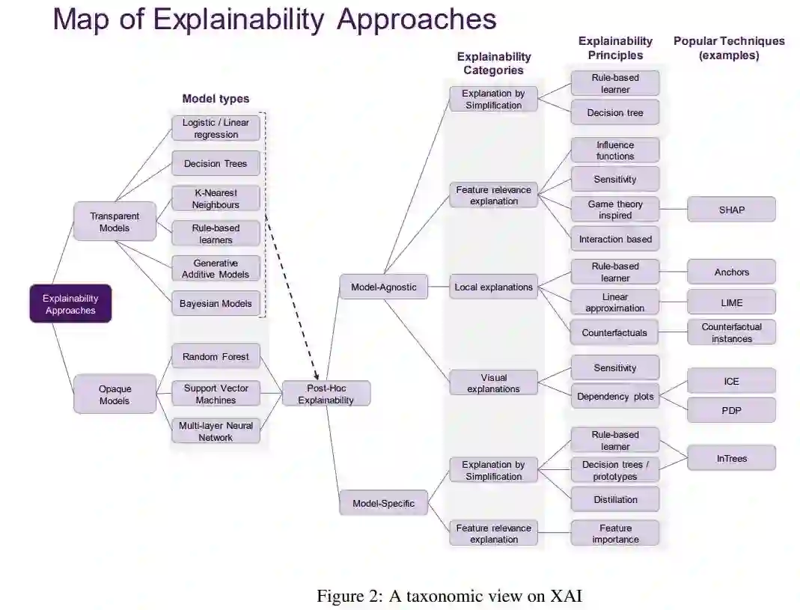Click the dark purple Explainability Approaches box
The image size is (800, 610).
click(70, 304)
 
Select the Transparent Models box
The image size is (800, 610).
click(114, 222)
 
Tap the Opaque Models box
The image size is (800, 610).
click(114, 394)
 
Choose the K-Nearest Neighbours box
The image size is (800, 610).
click(216, 198)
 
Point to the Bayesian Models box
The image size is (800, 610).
click(216, 304)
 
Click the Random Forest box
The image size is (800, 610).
click(216, 357)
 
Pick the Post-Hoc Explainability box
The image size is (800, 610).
click(326, 394)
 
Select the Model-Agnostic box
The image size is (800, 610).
click(384, 287)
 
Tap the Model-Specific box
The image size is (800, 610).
click(384, 503)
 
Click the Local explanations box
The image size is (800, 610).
click(494, 287)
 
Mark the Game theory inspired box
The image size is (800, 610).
click(615, 210)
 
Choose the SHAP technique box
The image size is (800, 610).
click(731, 210)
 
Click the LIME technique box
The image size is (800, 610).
click(731, 302)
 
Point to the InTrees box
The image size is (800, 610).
click(731, 458)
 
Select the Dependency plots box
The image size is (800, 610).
click(615, 397)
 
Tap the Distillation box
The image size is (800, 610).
click(615, 499)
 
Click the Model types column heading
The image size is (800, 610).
click(216, 99)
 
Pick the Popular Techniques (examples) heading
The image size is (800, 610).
click(729, 48)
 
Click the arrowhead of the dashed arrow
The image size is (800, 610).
click(317, 376)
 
